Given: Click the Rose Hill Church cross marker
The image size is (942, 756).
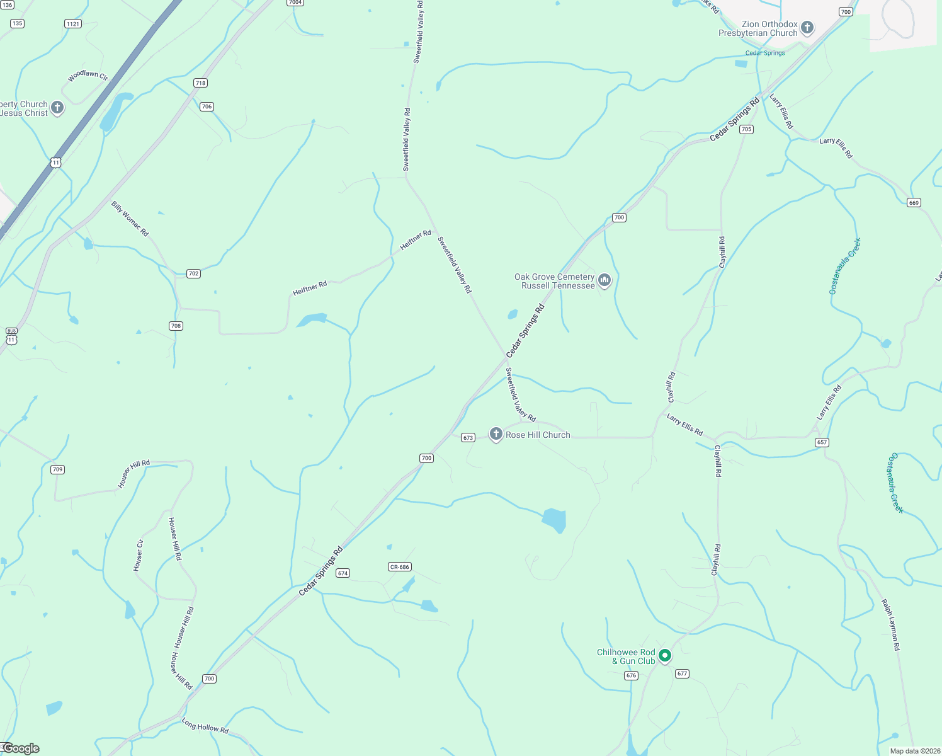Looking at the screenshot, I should tap(496, 434).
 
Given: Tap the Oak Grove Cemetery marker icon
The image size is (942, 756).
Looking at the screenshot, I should tap(604, 280).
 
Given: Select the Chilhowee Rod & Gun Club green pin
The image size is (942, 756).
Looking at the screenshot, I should tap(664, 656).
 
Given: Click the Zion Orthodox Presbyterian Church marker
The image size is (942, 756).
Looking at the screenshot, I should tap(807, 28).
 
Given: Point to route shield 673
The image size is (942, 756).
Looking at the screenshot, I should tap(468, 438).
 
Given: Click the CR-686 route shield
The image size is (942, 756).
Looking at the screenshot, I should tap(400, 567).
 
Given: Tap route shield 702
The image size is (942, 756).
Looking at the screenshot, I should tap(193, 273).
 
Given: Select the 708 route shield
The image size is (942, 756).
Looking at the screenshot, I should tap(176, 326).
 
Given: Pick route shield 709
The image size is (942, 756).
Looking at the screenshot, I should tap(57, 469).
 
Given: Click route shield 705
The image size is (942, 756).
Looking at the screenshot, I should tap(746, 129).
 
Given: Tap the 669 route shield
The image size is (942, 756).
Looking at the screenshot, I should tap(914, 202).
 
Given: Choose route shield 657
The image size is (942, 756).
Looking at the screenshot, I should tap(822, 442).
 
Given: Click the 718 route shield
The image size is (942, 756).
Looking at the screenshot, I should tap(200, 83).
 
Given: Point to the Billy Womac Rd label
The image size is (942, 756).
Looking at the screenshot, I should tap(130, 219).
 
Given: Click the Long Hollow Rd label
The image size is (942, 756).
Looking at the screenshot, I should tap(205, 726).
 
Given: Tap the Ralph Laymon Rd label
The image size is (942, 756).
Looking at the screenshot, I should tap(891, 624).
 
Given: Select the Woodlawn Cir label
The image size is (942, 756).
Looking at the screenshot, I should tap(88, 76).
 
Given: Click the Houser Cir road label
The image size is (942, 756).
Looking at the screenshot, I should tap(139, 555).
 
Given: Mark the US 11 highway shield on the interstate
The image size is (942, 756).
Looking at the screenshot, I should tap(56, 163).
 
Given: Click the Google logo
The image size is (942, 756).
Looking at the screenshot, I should tap(22, 748).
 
